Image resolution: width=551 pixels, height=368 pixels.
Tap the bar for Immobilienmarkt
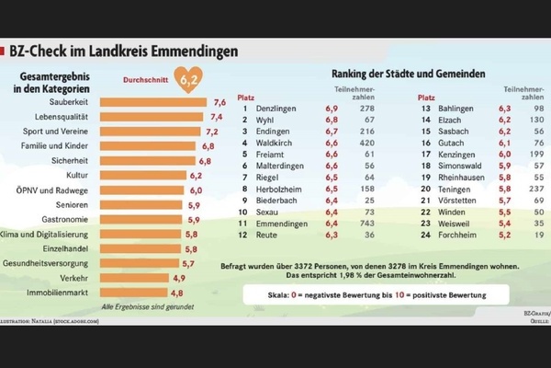click(142, 292)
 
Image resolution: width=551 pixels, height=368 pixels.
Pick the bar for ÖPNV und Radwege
click(147, 190)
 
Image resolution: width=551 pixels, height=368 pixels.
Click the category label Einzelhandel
click(66, 248)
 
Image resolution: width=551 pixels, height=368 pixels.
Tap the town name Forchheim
click(463, 235)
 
